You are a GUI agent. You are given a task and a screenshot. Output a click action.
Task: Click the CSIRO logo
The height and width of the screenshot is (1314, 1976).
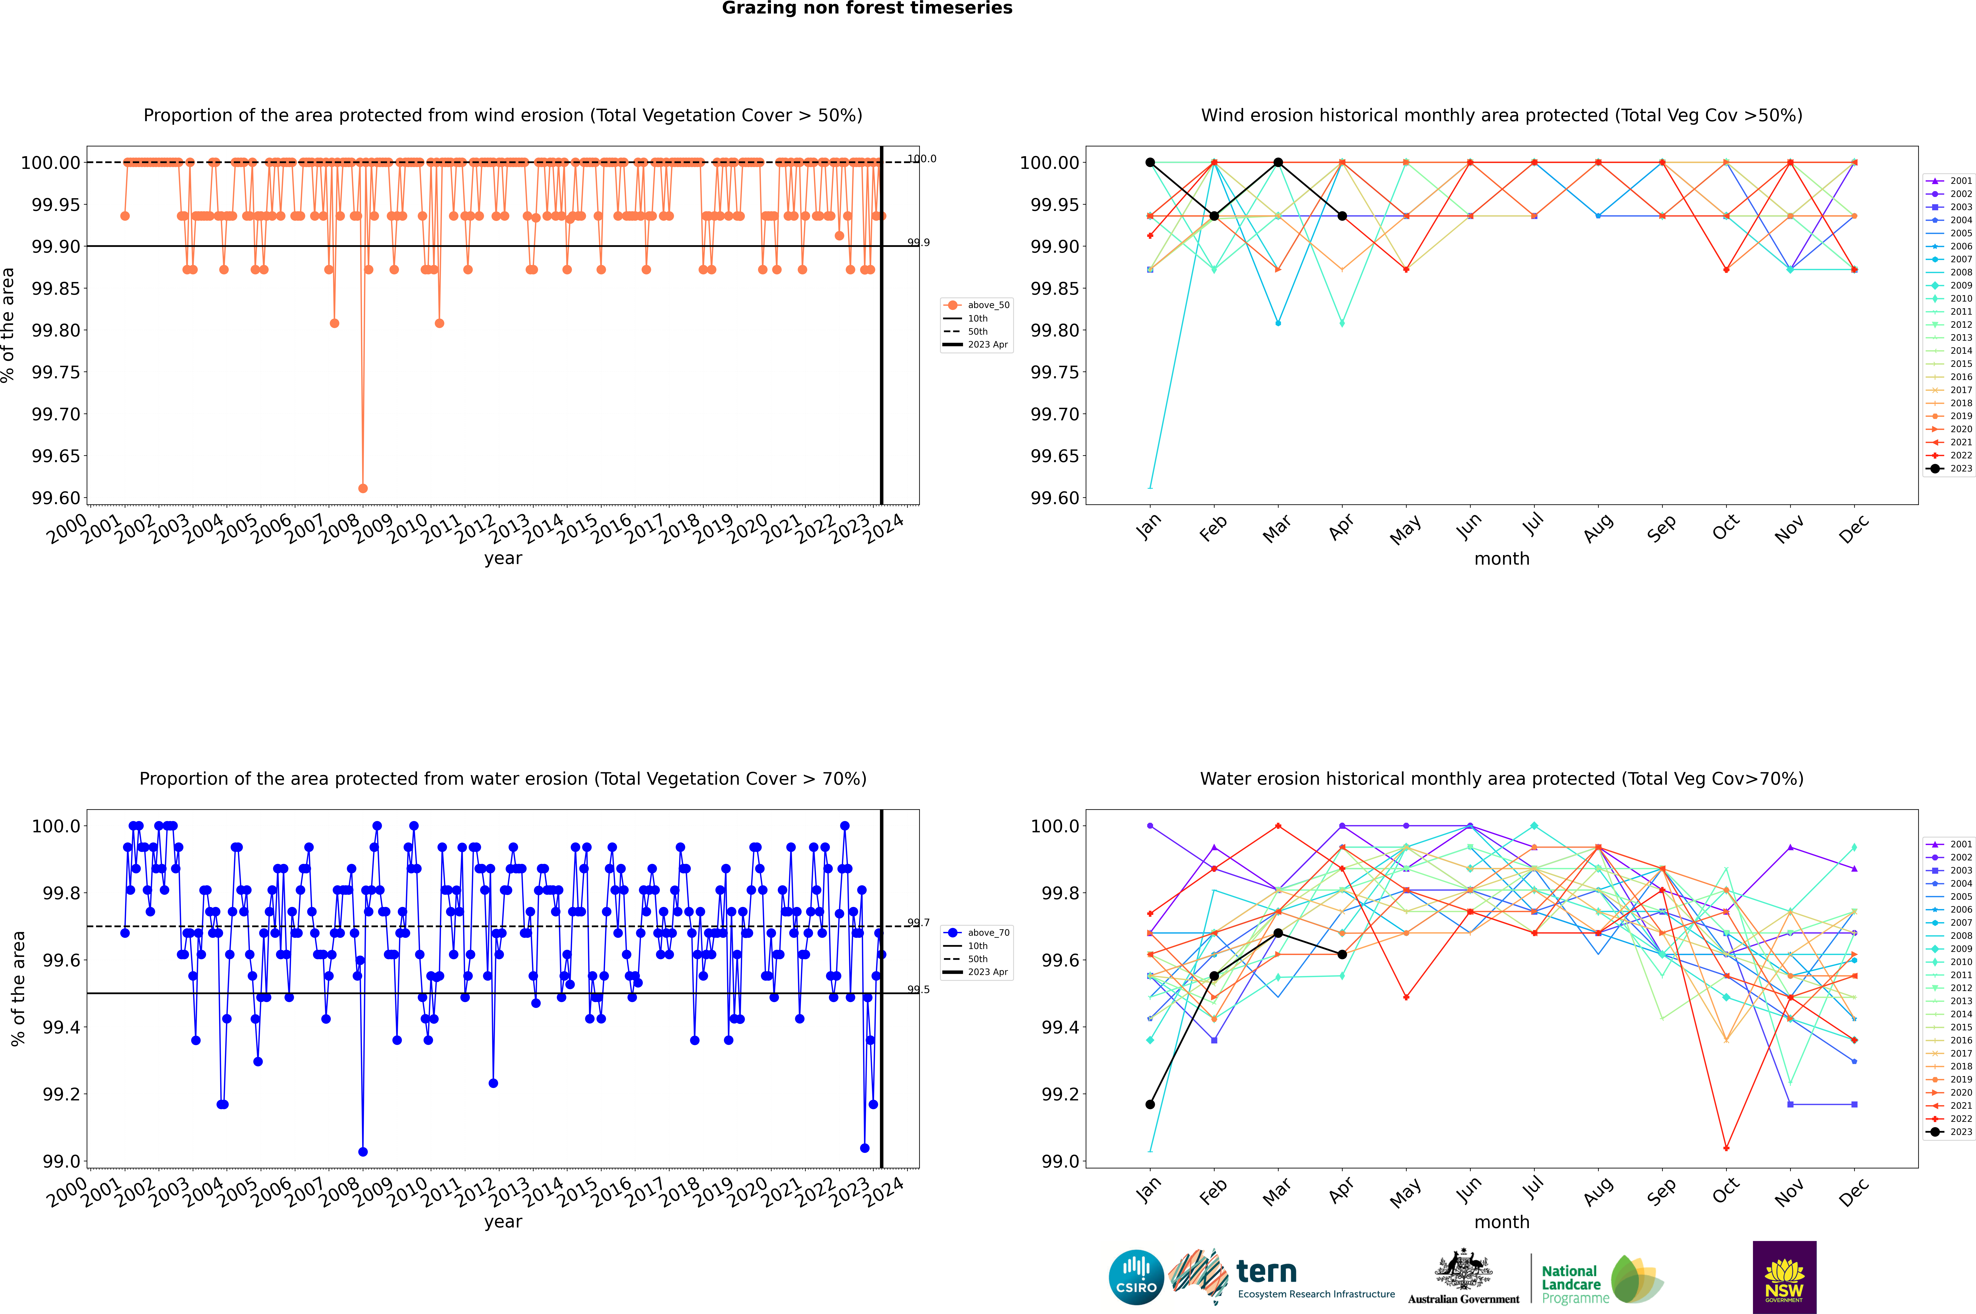click(x=1136, y=1277)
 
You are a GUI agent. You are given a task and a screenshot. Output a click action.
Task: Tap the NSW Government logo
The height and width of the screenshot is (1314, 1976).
click(x=1784, y=1277)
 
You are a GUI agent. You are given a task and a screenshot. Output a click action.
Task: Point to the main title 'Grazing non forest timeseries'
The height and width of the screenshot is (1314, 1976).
click(x=867, y=8)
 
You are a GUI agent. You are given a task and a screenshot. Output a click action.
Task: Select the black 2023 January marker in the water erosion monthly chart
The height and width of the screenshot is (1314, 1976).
click(x=1150, y=1105)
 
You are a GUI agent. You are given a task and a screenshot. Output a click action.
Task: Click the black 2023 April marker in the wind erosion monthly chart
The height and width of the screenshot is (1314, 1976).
click(x=1342, y=216)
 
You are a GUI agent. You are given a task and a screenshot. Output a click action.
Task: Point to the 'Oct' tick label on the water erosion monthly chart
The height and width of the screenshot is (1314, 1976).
click(x=1726, y=1192)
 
